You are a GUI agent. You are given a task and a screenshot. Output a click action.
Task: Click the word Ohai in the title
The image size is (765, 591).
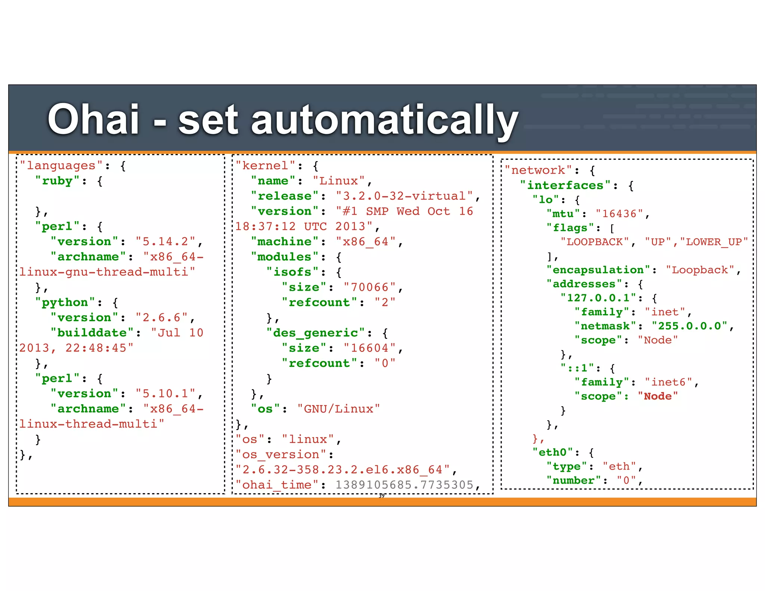tap(93, 120)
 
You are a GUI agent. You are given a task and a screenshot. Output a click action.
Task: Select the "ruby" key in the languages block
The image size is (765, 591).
tap(58, 181)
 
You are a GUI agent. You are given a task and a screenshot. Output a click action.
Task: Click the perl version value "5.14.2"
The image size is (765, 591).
tap(165, 242)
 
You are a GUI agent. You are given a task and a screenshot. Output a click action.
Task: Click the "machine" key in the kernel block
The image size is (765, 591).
tap(285, 242)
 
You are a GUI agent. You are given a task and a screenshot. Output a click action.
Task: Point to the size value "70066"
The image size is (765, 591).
tap(369, 287)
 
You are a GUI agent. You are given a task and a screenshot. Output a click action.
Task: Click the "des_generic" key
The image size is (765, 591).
tap(316, 333)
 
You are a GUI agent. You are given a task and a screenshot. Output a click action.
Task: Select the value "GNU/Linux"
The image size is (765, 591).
tap(338, 409)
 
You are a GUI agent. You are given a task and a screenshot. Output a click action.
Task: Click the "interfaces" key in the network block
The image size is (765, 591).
tap(565, 185)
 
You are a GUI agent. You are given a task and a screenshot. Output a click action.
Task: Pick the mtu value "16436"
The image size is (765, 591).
tap(619, 214)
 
